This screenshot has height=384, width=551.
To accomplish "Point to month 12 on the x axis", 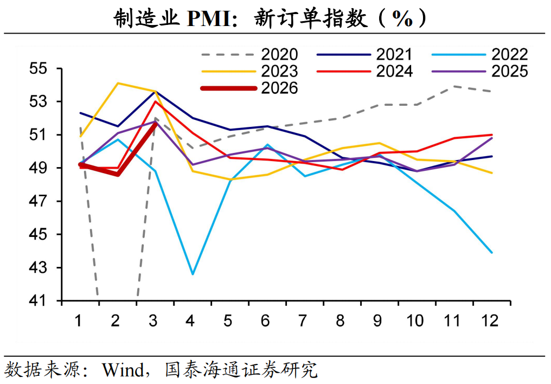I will [x=490, y=321].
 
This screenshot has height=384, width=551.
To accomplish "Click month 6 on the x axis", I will [x=265, y=321].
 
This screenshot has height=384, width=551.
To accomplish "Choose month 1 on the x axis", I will [x=78, y=321].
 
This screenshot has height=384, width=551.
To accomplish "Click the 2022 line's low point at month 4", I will [x=193, y=274].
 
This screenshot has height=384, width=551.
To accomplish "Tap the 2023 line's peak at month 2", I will [x=118, y=83].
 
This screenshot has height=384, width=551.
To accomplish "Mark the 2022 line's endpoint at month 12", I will [x=492, y=253].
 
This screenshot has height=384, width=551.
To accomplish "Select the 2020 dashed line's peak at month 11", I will [x=454, y=86].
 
